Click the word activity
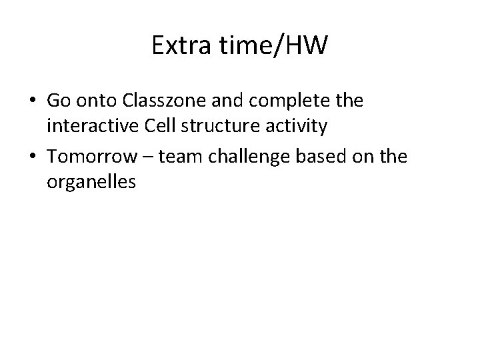point(297,125)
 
